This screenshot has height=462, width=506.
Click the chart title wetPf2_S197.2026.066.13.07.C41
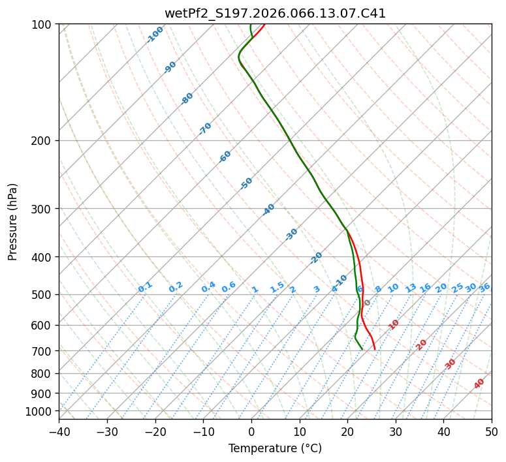(x=275, y=13)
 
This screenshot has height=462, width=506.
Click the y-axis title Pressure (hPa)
(x=13, y=222)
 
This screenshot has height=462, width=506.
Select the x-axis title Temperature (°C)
(x=275, y=449)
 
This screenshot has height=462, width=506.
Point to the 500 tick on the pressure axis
(x=42, y=295)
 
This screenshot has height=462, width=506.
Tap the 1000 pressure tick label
(x=39, y=411)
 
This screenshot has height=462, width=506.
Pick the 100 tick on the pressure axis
(x=42, y=25)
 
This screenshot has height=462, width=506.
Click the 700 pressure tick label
(x=42, y=351)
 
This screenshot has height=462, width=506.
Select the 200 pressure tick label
(x=42, y=141)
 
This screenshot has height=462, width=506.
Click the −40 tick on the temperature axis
(x=59, y=431)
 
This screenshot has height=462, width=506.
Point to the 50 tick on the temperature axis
(x=492, y=431)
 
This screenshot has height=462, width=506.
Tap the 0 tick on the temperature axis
(x=251, y=431)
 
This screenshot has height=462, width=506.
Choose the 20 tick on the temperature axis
(x=347, y=431)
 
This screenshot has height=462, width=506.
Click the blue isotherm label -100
(x=155, y=35)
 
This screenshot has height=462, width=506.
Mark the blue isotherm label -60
(x=225, y=157)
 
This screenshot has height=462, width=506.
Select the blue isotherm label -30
(x=292, y=234)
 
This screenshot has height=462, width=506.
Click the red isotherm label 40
(x=479, y=384)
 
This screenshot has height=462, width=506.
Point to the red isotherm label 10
(x=394, y=324)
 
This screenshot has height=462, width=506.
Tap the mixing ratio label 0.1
(x=145, y=286)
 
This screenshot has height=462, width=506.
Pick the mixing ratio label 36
(x=484, y=288)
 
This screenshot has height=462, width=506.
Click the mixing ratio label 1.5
(x=277, y=286)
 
